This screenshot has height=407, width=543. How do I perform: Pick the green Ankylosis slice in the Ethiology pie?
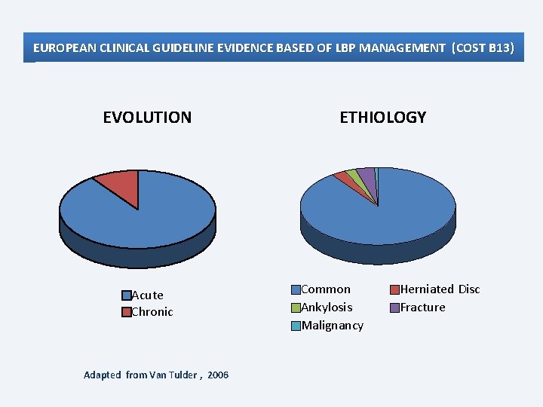coord(354,176)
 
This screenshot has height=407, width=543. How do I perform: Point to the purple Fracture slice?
coord(367,176)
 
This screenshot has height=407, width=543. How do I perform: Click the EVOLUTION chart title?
coord(147,118)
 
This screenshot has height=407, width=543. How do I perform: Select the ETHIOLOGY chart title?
coord(382,118)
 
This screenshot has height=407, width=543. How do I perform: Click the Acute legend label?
coord(147,295)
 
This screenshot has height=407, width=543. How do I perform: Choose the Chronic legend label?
coord(152,312)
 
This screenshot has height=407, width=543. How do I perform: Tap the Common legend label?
coord(326,289)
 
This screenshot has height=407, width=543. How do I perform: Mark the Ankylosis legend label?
coord(327,308)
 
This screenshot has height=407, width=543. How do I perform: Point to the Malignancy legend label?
coord(332,326)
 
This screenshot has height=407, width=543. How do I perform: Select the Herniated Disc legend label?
coord(440,289)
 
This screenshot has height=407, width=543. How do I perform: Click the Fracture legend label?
coord(422,308)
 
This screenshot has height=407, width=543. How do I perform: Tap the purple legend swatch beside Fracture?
coord(394,308)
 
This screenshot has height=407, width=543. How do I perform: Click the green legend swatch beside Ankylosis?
coord(296,308)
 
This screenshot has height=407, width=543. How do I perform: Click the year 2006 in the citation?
coord(218,375)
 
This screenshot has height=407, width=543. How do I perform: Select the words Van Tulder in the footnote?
coord(173,375)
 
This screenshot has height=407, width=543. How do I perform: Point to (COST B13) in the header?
coord(483,48)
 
